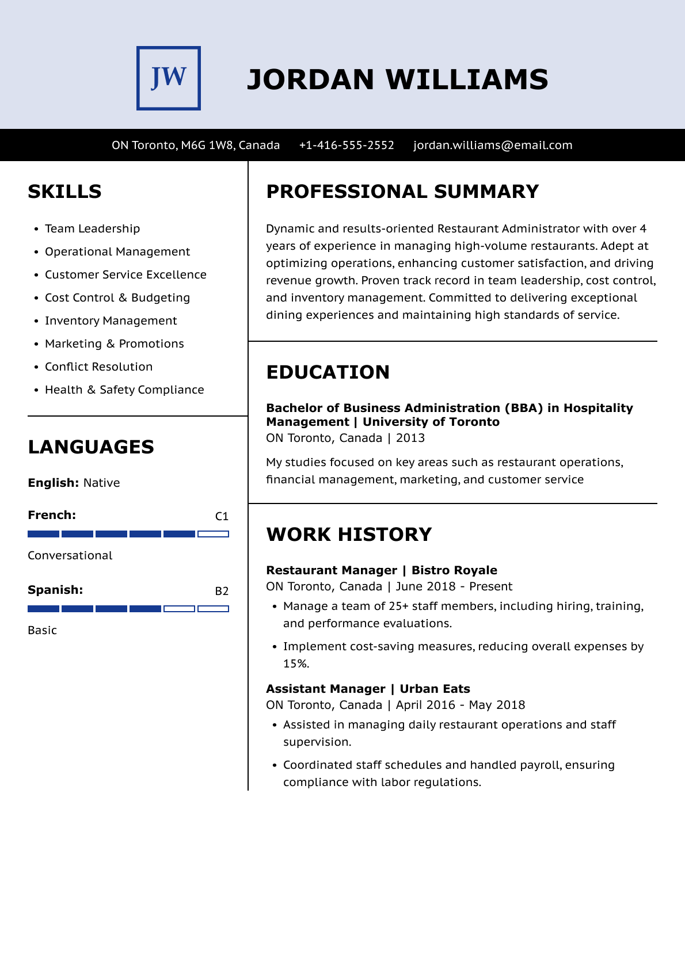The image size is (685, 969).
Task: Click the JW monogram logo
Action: pos(169,78)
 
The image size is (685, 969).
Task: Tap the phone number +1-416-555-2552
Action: pos(347,145)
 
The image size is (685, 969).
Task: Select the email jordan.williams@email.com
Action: pos(493,145)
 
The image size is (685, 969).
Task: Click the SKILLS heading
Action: pos(64,192)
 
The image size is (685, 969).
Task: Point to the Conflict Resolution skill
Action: pos(98,367)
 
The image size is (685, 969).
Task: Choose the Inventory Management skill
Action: pos(111,321)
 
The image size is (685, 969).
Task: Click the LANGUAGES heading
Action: pos(91,447)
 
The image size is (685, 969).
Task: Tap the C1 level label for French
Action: pos(222,516)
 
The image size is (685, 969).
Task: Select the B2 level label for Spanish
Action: pos(222,591)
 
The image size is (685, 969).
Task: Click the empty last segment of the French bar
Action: pos(213,534)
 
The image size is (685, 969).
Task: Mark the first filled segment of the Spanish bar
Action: pos(43,609)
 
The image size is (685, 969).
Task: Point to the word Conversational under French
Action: pos(70,555)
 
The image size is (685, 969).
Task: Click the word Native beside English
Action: pos(101,483)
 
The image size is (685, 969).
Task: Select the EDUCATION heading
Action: pos(328,372)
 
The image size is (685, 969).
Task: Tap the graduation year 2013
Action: pos(410,438)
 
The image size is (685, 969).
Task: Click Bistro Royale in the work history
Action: pos(454,570)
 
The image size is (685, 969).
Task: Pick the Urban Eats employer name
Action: pos(435,689)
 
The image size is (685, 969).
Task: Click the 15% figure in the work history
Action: pos(296,663)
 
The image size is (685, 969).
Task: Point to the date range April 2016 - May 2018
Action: pos(461,705)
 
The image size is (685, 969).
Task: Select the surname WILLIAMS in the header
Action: pos(466,79)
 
